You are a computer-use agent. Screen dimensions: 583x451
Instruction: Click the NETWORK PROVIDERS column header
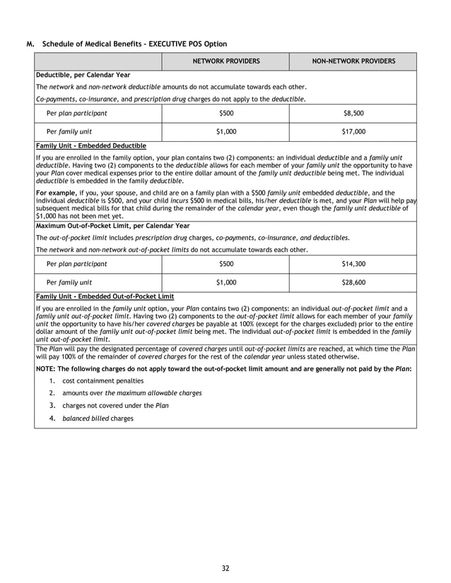[x=226, y=61]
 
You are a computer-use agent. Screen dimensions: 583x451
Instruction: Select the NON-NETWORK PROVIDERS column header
[x=353, y=61]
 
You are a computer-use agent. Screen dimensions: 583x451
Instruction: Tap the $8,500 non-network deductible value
[x=353, y=113]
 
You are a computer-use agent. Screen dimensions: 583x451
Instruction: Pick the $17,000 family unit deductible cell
[x=353, y=131]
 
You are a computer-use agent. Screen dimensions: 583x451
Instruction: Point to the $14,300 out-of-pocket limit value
[x=353, y=264]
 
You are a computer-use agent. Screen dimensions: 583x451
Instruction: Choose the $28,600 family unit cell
[x=353, y=282]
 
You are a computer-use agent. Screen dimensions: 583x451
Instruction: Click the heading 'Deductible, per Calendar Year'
[x=83, y=75]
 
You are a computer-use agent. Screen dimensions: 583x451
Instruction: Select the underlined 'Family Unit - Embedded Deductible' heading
[x=90, y=145]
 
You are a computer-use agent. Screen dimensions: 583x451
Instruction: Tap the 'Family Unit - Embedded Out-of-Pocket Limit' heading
[x=105, y=296]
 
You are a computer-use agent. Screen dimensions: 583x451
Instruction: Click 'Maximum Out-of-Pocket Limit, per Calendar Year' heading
[x=112, y=226]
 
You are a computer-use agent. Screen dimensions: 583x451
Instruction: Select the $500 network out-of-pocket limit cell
[x=226, y=264]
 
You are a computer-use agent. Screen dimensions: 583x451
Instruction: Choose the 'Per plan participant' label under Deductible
[x=76, y=113]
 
